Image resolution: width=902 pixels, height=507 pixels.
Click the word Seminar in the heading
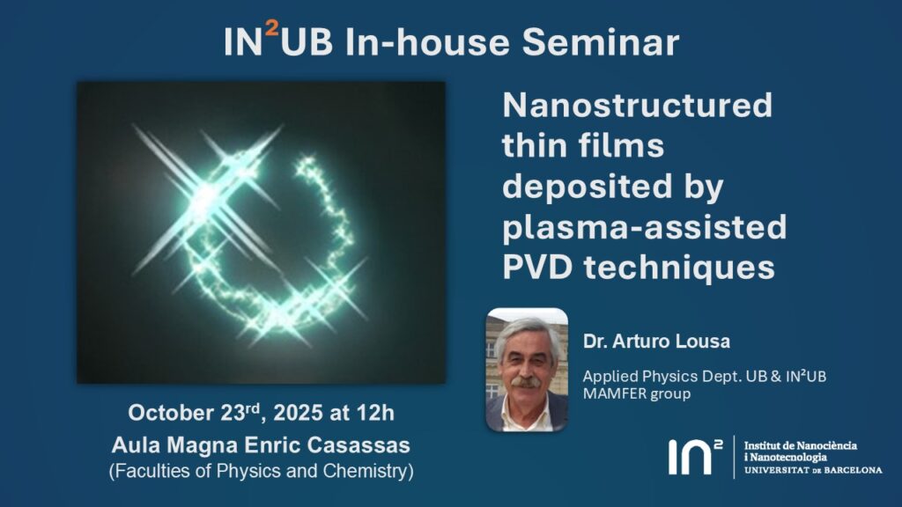[601, 42]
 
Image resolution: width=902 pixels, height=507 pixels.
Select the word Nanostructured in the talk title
[638, 106]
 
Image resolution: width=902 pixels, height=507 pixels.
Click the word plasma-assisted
[644, 227]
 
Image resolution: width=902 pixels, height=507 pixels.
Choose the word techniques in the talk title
[679, 268]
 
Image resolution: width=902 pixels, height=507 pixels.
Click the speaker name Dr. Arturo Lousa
[656, 342]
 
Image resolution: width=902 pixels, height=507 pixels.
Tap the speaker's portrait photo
[527, 370]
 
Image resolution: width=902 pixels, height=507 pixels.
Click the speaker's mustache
[525, 381]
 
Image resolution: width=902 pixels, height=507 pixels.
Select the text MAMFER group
[636, 393]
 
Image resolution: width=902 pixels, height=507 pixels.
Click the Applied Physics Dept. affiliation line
[704, 377]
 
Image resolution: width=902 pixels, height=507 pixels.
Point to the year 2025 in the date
[298, 413]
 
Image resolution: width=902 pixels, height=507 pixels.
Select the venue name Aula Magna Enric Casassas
[261, 445]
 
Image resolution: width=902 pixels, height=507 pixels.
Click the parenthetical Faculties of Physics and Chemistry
[261, 471]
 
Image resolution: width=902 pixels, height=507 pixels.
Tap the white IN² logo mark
[695, 457]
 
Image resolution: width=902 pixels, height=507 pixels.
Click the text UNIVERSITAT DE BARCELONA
[813, 470]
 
